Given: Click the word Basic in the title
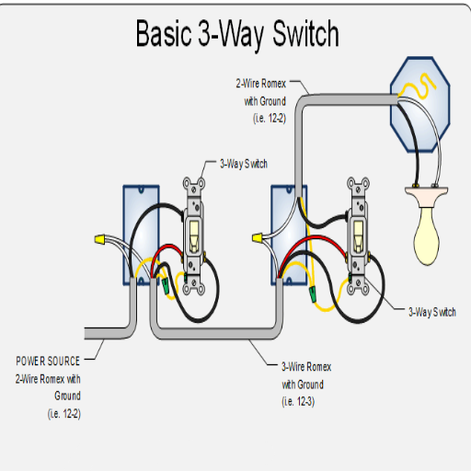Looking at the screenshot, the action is point(164,33).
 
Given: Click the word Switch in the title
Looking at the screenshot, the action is point(305,33).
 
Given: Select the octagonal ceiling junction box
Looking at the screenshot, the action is point(420,104).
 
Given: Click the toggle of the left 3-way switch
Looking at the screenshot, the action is point(194,235).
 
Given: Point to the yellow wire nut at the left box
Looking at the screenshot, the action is point(100,239).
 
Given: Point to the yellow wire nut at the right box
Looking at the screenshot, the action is point(258,237).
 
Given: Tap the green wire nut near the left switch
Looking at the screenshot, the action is point(166,286).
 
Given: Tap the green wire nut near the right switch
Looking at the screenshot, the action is point(313,293).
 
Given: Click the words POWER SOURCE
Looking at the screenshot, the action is point(48,361).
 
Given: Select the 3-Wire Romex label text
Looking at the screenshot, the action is point(306,367).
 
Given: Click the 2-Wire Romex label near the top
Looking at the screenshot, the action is point(261,84).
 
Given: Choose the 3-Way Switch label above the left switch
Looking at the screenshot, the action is point(244,164).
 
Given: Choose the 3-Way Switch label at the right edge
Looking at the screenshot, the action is point(432,312).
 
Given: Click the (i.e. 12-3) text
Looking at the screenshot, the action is point(298,401).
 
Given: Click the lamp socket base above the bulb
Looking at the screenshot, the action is point(426,196).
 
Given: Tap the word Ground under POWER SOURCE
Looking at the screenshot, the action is point(67,396).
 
